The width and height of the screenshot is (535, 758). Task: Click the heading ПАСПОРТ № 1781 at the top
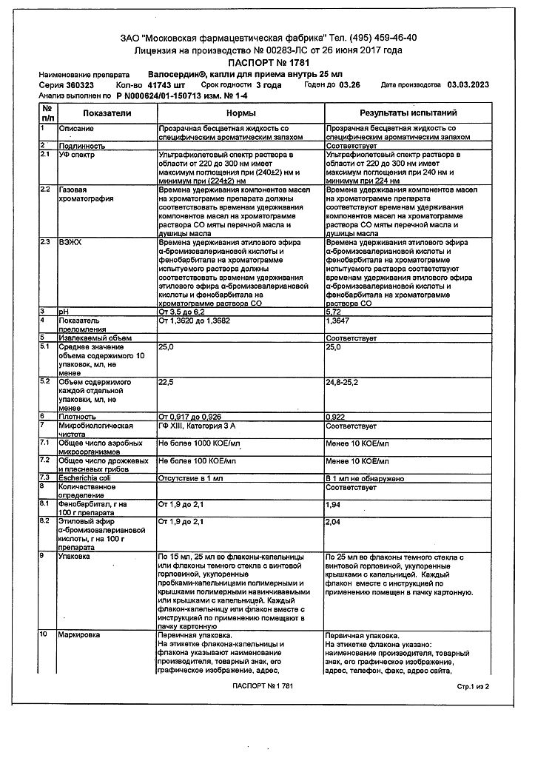pos(268,64)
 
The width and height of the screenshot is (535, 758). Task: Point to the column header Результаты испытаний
pos(408,113)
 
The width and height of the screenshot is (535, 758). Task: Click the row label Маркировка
pos(81,635)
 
